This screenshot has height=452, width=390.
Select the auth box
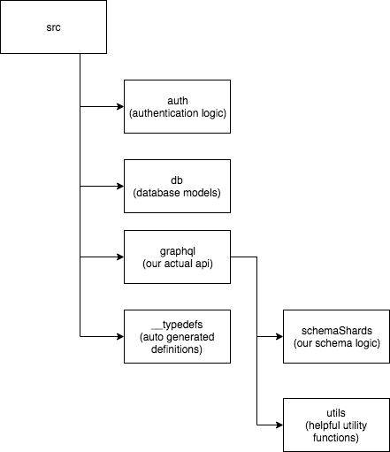177,106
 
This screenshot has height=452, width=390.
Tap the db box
177,187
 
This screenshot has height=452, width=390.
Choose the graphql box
177,257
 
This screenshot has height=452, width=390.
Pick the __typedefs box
177,336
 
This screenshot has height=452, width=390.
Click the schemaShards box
336,336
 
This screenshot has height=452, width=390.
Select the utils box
336,425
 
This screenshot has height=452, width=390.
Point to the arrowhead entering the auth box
119,107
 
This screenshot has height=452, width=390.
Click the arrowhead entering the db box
119,187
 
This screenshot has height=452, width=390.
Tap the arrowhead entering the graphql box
119,257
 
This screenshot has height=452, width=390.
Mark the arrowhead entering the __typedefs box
119,337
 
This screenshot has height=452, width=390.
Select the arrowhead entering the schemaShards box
279,337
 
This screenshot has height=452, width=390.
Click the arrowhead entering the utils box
279,425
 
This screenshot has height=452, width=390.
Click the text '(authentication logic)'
177,113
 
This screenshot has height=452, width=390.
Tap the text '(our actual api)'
177,264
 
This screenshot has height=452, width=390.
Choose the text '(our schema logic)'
336,343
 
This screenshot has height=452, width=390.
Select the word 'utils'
336,412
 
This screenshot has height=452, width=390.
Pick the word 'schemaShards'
336,330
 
